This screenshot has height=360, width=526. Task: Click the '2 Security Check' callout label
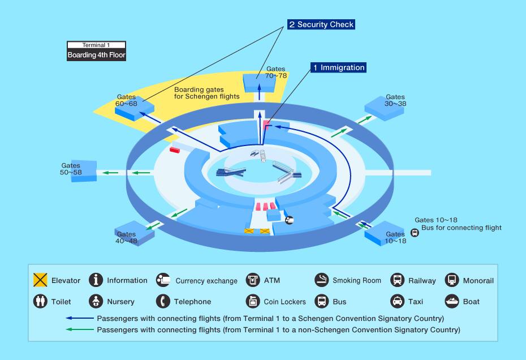(x=321, y=24)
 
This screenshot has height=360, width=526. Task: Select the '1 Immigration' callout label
(x=338, y=67)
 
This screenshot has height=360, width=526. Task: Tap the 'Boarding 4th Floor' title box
(x=97, y=55)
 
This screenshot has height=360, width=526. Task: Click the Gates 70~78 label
(x=276, y=72)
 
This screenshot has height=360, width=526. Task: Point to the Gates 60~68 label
(x=126, y=100)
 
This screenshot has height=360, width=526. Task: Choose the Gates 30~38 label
(x=395, y=100)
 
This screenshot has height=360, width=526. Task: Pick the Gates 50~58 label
(x=71, y=169)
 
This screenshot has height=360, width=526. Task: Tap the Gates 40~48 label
(x=127, y=237)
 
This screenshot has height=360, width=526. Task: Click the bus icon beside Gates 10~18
(x=415, y=233)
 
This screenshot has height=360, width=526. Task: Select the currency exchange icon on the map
(x=289, y=220)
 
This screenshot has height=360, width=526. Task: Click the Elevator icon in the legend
(x=40, y=280)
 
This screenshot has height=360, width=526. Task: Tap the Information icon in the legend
(x=96, y=280)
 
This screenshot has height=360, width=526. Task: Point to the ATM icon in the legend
(x=253, y=280)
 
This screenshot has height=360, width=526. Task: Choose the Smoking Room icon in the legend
(x=322, y=280)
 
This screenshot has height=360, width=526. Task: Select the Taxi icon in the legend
(x=398, y=301)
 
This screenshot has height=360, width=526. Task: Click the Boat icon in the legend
(x=452, y=301)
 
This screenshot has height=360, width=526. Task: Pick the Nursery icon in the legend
(x=96, y=301)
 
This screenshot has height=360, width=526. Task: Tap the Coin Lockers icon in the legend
(x=253, y=301)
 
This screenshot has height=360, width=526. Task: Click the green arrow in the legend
(x=80, y=329)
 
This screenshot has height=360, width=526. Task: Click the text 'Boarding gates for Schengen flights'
(x=207, y=93)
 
